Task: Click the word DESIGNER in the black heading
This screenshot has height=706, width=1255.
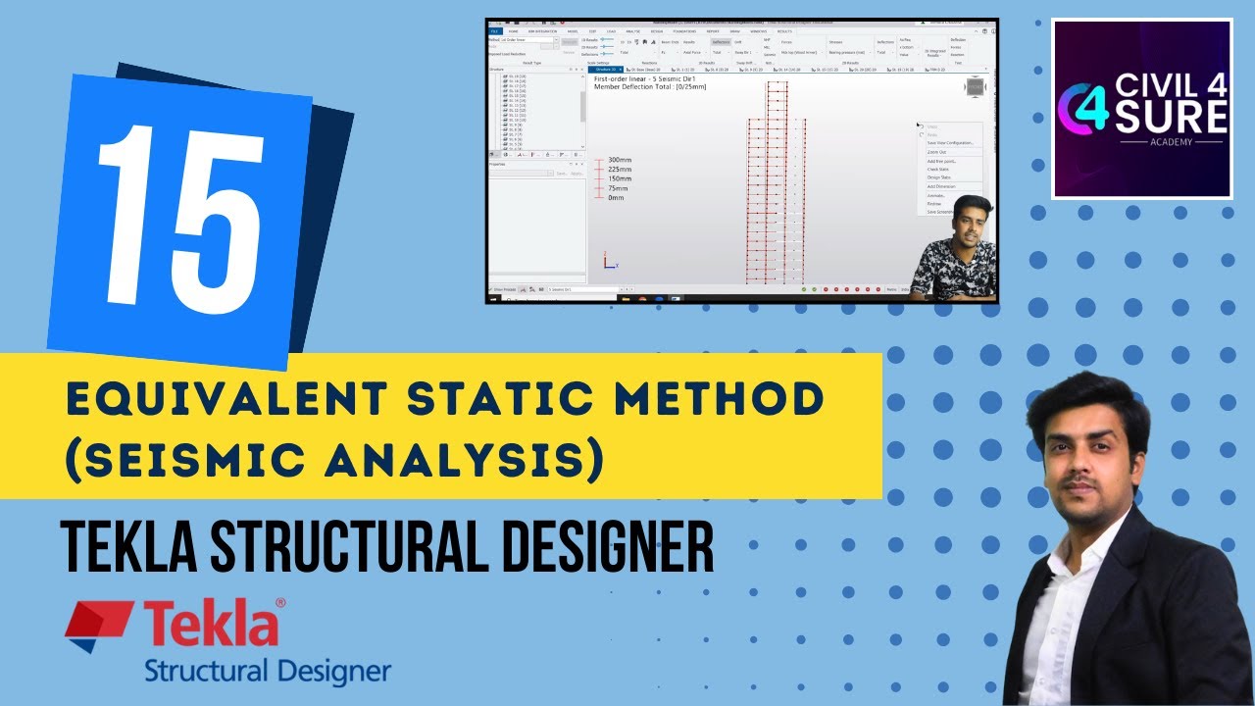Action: [x=606, y=545]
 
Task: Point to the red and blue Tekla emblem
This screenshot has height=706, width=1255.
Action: [x=98, y=627]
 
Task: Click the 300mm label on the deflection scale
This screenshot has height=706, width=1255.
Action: [x=620, y=160]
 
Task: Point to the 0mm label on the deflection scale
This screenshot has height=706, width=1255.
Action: [x=616, y=198]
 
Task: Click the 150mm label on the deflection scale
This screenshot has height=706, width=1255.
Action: [x=620, y=178]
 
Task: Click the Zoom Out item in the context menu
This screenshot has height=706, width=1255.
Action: [x=937, y=152]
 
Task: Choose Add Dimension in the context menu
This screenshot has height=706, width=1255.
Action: [x=941, y=186]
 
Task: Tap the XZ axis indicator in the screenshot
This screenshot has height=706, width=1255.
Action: [x=609, y=262]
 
